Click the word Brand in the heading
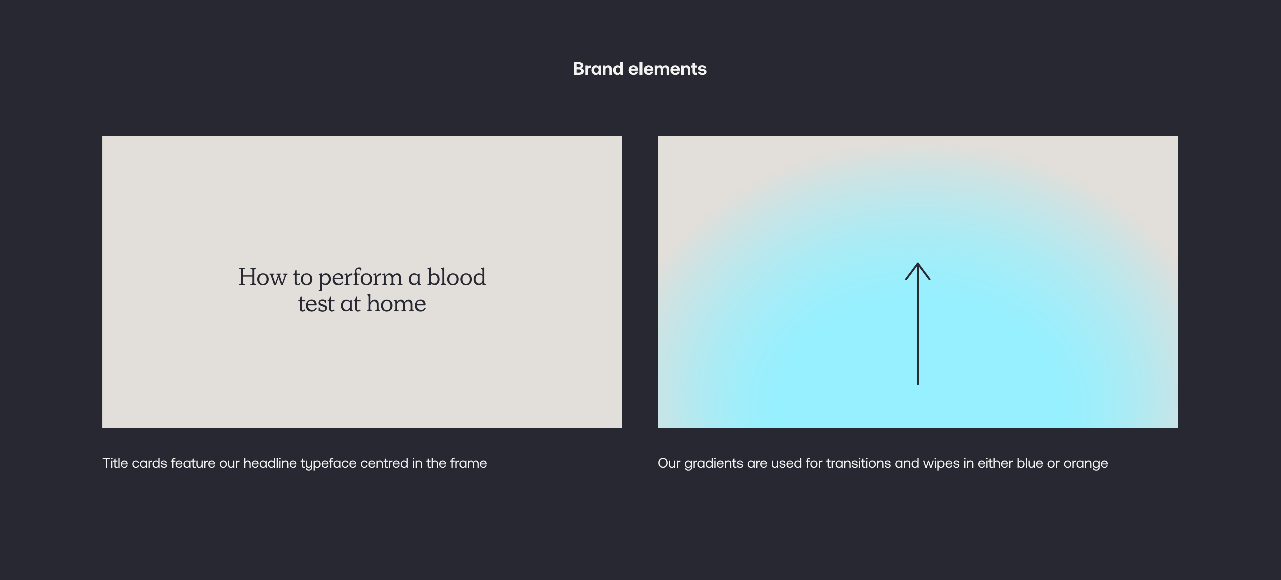(598, 69)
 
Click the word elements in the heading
(668, 69)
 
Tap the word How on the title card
(263, 277)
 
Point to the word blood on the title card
(456, 277)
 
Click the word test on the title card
(316, 304)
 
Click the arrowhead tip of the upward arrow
(918, 263)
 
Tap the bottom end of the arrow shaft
(918, 384)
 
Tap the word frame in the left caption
(468, 463)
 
